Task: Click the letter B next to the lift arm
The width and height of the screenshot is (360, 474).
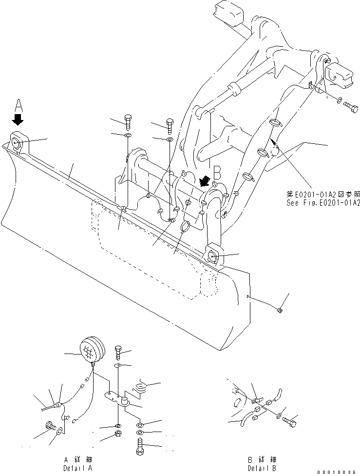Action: (x=218, y=172)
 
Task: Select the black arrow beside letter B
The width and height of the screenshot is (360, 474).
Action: (x=205, y=181)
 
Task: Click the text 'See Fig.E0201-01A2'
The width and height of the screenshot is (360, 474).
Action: (x=323, y=202)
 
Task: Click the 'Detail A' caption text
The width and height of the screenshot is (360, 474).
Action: (x=77, y=467)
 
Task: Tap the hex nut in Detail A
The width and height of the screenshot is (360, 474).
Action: (x=118, y=434)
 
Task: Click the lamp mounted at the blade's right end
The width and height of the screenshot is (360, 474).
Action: (x=213, y=257)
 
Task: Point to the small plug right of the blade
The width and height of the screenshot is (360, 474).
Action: (x=280, y=310)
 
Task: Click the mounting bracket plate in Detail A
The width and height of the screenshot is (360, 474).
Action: (x=117, y=399)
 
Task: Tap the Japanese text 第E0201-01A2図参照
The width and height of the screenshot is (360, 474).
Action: (x=323, y=194)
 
